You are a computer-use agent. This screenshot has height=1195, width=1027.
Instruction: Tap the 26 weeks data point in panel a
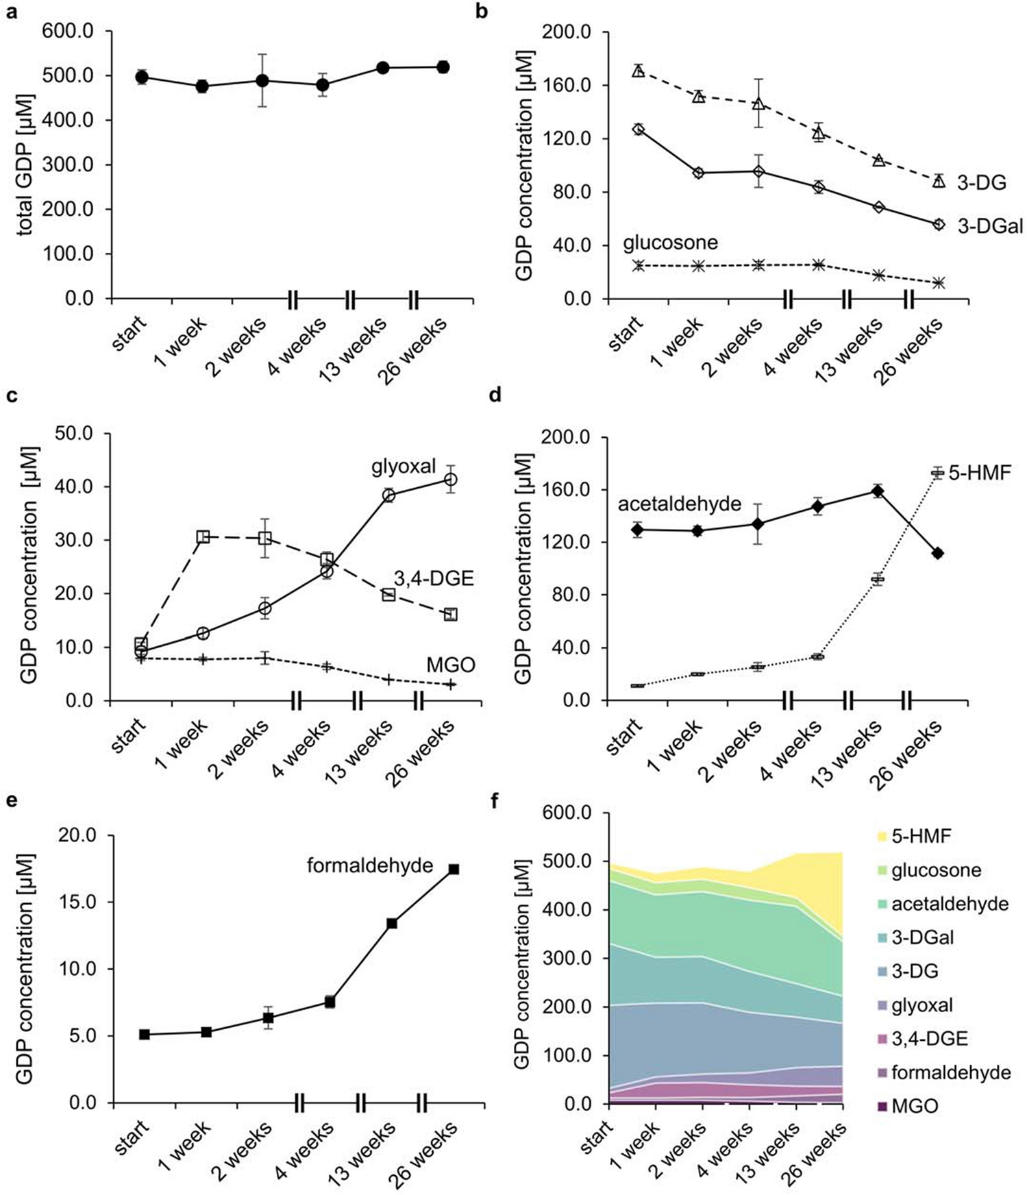tap(443, 67)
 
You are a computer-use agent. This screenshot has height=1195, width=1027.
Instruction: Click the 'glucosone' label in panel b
tap(670, 243)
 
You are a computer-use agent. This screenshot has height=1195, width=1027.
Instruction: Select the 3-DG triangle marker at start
tap(638, 71)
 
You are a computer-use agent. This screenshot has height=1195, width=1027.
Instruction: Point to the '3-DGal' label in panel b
tap(989, 225)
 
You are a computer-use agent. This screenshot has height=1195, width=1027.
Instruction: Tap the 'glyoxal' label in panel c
tap(404, 467)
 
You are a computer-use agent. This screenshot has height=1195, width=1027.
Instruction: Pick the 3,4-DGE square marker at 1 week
tap(203, 537)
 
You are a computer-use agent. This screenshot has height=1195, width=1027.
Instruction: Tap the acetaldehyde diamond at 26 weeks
tap(938, 553)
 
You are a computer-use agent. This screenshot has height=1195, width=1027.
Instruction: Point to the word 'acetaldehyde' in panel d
tap(679, 504)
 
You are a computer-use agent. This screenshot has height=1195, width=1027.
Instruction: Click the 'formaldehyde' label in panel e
tap(369, 866)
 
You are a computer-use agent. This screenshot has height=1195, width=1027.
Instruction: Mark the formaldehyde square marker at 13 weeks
tap(392, 923)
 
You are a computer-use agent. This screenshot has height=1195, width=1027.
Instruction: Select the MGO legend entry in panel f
tap(915, 1106)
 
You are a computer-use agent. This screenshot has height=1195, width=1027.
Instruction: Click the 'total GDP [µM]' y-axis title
tap(25, 164)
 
